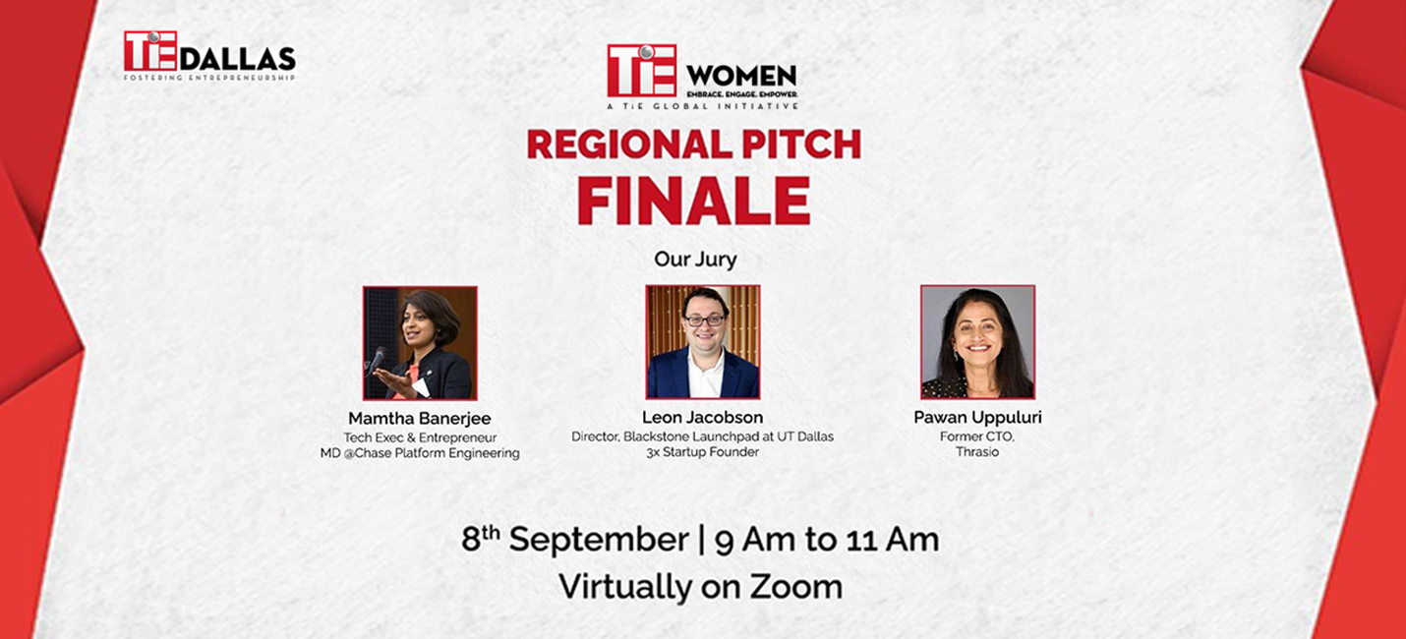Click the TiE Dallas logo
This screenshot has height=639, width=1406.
click(x=209, y=56)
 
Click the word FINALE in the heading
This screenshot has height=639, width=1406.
click(x=693, y=201)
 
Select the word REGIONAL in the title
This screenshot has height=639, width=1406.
click(x=625, y=144)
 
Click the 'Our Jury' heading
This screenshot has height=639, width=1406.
click(x=695, y=260)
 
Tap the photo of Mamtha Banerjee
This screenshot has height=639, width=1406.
click(x=420, y=343)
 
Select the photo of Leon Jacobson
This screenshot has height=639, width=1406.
click(x=703, y=342)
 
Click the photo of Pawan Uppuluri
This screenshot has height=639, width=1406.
click(x=978, y=342)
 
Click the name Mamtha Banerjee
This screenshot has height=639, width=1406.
click(x=420, y=418)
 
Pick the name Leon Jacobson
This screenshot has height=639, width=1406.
click(x=702, y=418)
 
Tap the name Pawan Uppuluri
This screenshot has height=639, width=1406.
click(x=977, y=418)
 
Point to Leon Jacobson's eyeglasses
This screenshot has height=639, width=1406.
click(x=704, y=320)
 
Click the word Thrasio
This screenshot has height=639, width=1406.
click(x=977, y=452)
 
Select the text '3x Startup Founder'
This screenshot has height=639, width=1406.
click(x=702, y=452)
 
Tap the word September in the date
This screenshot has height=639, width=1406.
click(x=599, y=541)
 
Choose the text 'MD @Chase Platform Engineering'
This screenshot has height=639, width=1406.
click(x=420, y=453)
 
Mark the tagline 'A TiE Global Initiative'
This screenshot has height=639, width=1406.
click(x=702, y=106)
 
